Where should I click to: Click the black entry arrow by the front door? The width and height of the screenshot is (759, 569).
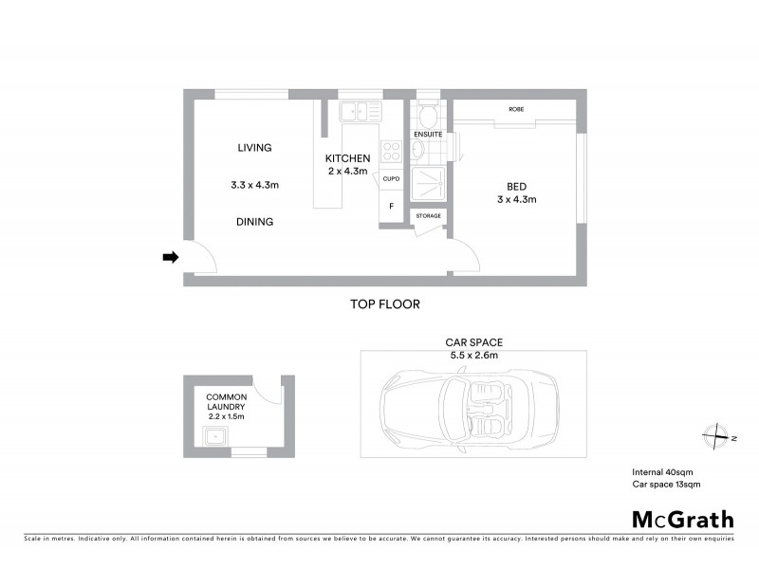point(170,256)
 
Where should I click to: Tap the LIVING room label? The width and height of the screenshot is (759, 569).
point(254,148)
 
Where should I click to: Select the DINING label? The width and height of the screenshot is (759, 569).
point(254,222)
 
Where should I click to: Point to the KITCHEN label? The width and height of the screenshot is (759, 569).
point(347,158)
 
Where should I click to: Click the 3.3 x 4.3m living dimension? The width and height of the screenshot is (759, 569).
point(254,185)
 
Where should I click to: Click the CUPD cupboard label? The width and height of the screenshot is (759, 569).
point(392,178)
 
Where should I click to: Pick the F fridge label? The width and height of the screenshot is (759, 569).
point(391,206)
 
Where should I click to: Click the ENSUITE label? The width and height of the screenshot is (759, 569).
point(428,135)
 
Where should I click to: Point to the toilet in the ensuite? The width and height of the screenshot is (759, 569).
point(427,116)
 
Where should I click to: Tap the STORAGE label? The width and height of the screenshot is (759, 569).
point(428,216)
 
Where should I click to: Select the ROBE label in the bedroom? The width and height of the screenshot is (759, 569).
point(516,110)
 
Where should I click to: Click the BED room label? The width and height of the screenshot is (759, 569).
point(517,185)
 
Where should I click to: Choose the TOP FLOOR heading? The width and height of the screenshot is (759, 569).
point(384,304)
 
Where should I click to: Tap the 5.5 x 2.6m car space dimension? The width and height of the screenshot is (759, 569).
point(473,355)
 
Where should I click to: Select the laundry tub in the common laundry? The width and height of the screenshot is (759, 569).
point(213,437)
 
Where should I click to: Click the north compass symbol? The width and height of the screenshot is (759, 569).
point(714,437)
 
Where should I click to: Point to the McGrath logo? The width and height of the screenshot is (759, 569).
point(682,519)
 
